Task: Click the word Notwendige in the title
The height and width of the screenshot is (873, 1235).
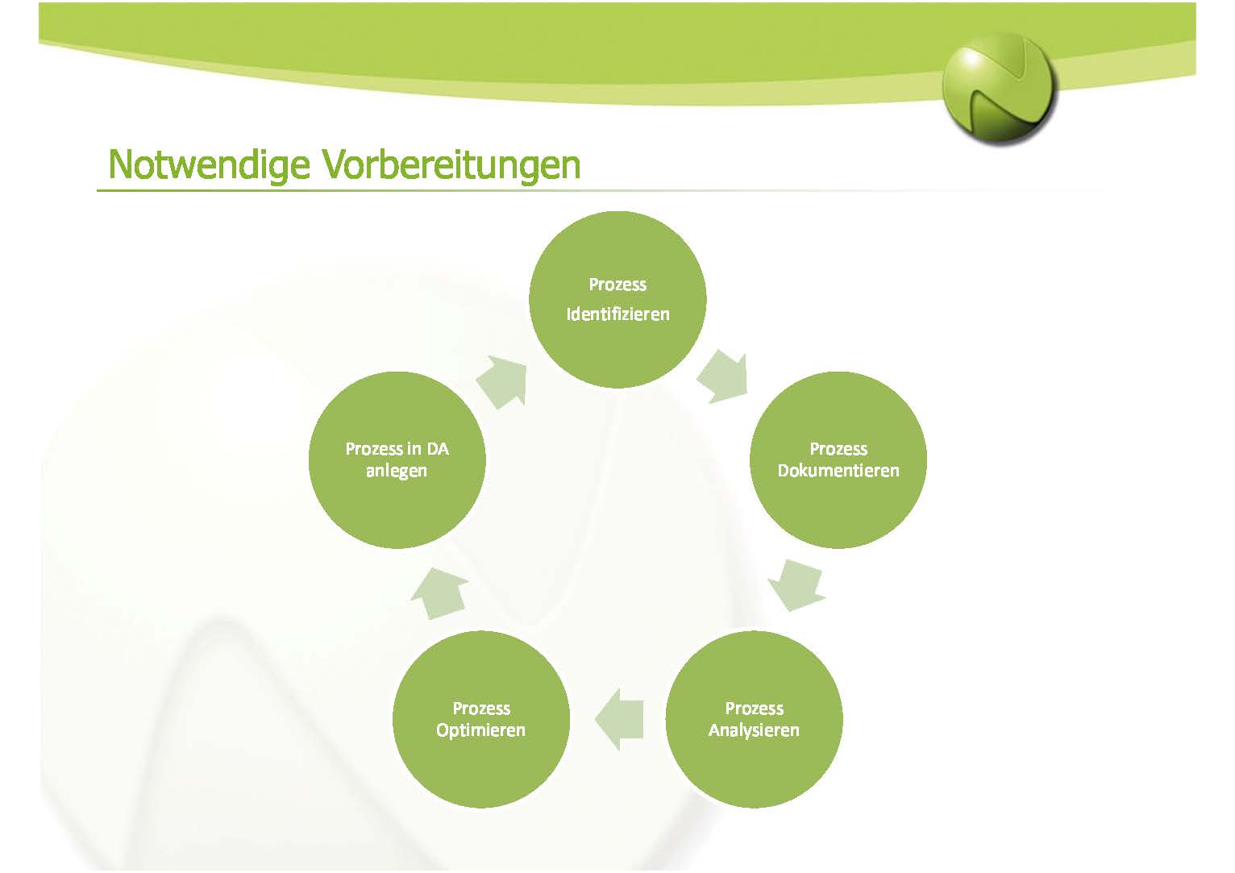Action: tap(209, 165)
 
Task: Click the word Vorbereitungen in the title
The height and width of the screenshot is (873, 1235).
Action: tap(451, 165)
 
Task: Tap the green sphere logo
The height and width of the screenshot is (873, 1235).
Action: tap(999, 89)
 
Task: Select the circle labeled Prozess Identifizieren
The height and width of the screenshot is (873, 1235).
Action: tap(617, 299)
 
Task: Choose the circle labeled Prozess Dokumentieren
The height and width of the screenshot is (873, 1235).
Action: tap(838, 460)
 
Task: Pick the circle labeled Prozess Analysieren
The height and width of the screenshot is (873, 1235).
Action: tap(754, 719)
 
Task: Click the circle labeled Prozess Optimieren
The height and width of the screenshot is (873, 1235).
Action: tap(480, 719)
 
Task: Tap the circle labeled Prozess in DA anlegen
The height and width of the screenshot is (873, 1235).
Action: tap(397, 460)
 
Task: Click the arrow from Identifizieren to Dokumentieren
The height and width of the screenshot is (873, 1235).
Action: tap(723, 377)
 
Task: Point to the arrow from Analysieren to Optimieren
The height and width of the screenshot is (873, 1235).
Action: tap(619, 720)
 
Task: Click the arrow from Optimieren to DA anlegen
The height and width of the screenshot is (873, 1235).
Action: tap(439, 594)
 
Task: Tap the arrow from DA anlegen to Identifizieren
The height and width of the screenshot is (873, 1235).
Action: tap(501, 383)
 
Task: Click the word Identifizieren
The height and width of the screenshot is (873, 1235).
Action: tap(618, 314)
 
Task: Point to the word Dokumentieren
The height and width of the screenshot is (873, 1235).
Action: tap(838, 471)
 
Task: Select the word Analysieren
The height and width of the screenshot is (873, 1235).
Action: tap(754, 730)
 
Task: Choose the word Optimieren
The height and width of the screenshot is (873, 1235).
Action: tap(480, 730)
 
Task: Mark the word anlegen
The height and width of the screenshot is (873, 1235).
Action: tap(397, 471)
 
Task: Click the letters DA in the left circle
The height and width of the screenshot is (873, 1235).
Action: tap(438, 449)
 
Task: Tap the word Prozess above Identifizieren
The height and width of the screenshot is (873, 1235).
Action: tap(617, 285)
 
